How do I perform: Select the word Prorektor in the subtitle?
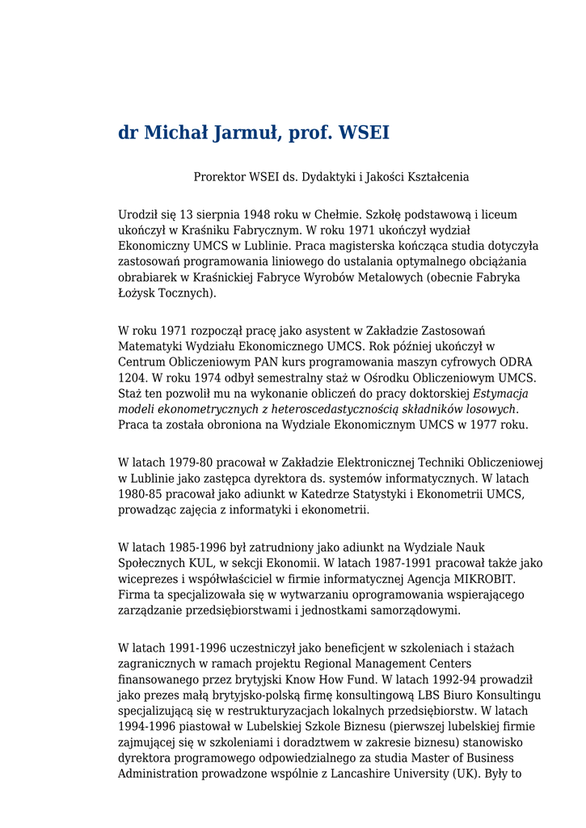click(219, 177)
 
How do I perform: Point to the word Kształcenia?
click(437, 177)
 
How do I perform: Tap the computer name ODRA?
click(516, 362)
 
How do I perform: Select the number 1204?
click(132, 378)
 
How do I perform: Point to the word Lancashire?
click(419, 774)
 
